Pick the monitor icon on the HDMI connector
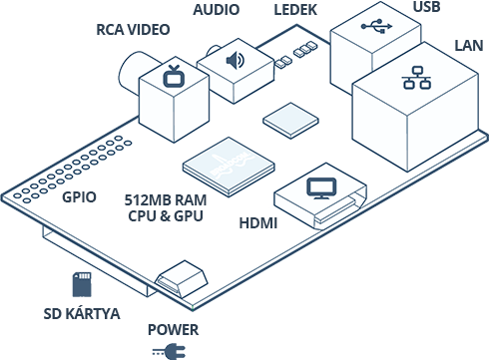point(321,187)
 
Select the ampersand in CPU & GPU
point(165,214)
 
